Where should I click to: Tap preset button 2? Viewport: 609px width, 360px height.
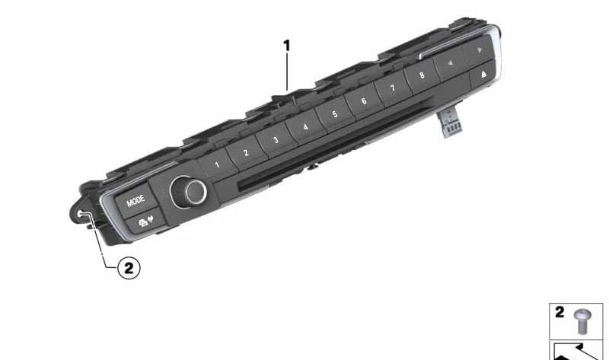(x=246, y=152)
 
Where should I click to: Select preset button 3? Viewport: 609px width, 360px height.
(x=275, y=140)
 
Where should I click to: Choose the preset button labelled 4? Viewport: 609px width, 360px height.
(x=304, y=126)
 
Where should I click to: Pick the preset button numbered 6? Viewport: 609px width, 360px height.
(x=363, y=101)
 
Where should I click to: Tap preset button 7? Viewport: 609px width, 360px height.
(x=392, y=88)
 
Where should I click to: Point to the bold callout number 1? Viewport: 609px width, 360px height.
(x=286, y=46)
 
